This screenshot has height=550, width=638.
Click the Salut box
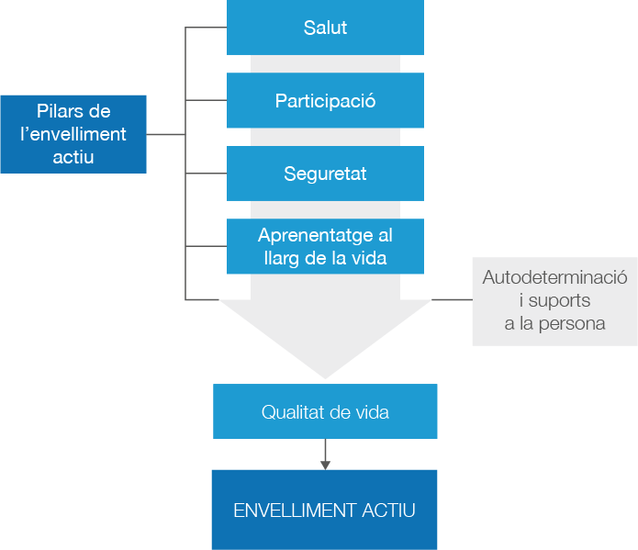click(325, 28)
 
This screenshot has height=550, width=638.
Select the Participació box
click(325, 100)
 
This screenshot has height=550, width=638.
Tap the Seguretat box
click(325, 173)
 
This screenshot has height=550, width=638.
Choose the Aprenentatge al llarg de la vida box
click(325, 246)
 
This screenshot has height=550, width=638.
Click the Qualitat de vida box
click(325, 411)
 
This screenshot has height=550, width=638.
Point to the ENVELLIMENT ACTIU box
click(324, 510)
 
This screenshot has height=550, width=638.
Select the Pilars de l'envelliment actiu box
click(73, 134)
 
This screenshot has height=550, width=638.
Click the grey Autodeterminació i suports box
click(554, 300)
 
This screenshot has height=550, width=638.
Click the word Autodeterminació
click(554, 277)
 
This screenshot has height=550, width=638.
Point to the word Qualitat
click(292, 412)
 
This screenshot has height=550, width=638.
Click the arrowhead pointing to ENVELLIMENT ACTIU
click(325, 464)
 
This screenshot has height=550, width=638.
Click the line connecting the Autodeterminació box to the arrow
click(451, 299)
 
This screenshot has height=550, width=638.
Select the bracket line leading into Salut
click(206, 28)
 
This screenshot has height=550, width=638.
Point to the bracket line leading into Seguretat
click(206, 173)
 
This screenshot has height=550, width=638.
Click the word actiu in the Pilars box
click(73, 157)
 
